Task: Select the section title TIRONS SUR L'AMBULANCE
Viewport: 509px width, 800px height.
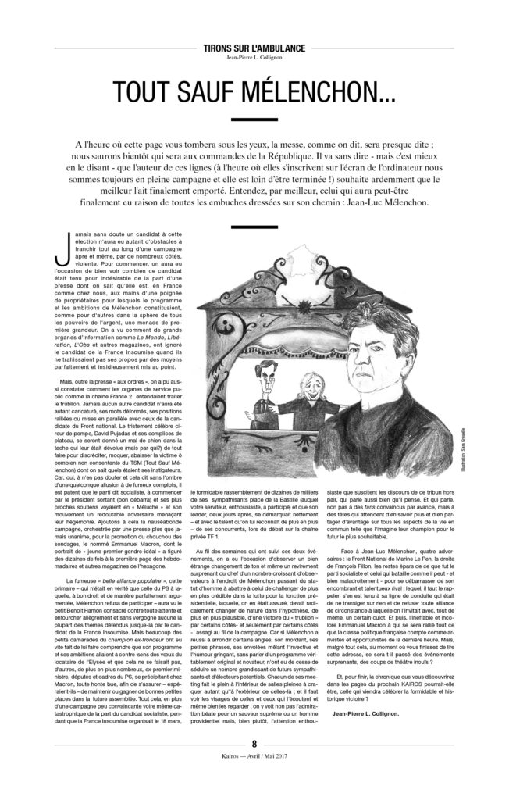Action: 254,48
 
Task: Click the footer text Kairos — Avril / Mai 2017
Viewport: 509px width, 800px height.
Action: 254,779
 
